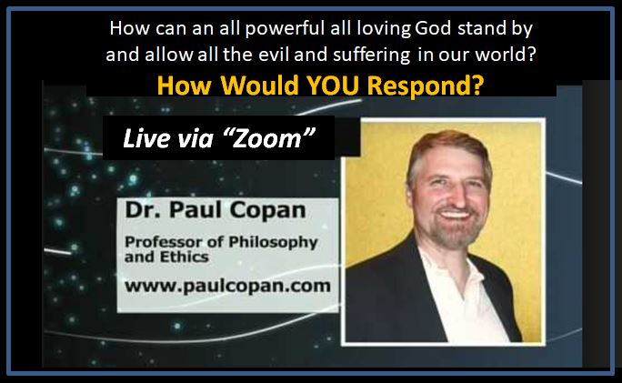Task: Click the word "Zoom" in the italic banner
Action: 268,138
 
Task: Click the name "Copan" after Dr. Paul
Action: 268,211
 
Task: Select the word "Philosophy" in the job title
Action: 274,243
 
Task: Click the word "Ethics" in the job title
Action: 184,257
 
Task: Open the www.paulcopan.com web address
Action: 227,286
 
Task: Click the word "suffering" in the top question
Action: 371,55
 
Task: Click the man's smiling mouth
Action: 455,215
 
